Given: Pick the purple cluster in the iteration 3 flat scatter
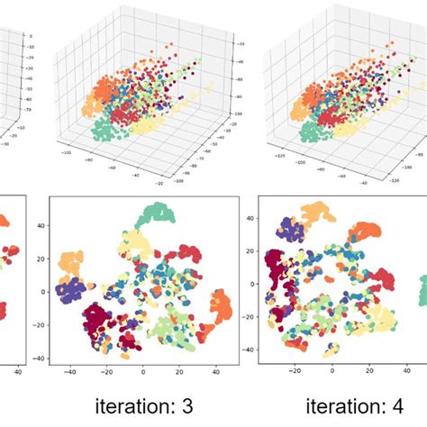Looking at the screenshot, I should click(x=70, y=292).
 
